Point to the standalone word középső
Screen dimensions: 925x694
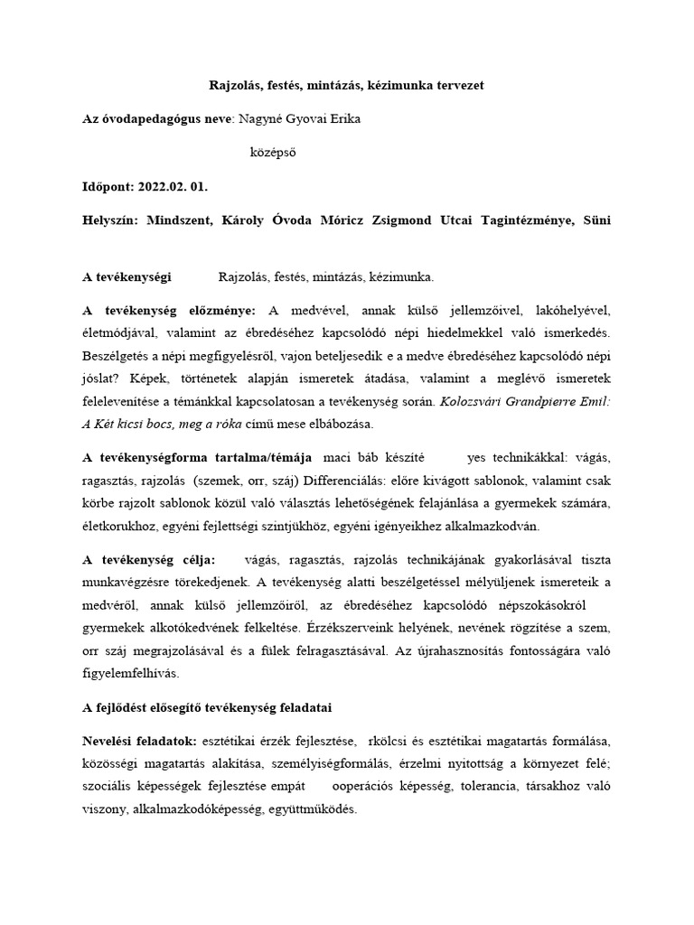click(x=272, y=153)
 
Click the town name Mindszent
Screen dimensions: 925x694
click(x=179, y=221)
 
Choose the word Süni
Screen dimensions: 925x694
click(x=596, y=221)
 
